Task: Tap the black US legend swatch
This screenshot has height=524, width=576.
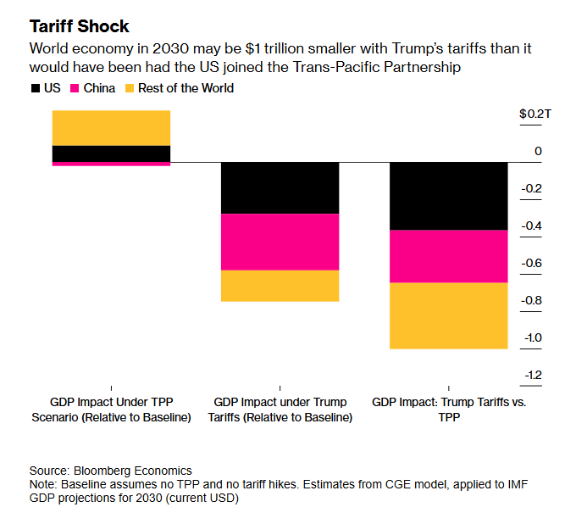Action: point(35,87)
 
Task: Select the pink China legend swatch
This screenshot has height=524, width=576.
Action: point(75,87)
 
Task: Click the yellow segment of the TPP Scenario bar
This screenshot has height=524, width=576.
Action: point(111,128)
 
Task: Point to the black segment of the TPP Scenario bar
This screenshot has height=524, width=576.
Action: point(111,153)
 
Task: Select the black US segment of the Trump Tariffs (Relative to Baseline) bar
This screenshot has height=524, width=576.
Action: point(280,187)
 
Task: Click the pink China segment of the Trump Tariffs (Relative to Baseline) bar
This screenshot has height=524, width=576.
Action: point(280,242)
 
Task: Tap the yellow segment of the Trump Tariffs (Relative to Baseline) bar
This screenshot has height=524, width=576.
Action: point(280,286)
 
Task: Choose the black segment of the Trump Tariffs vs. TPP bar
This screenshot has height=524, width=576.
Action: point(448,196)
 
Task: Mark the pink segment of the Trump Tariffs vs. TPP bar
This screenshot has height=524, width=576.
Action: point(448,256)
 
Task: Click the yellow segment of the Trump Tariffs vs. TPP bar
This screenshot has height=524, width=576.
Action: point(448,315)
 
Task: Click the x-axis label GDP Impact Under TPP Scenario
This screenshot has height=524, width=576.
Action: point(111,410)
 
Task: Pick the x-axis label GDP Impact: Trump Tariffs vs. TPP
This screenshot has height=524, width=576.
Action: point(448,410)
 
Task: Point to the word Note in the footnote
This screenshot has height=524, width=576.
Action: point(42,484)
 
